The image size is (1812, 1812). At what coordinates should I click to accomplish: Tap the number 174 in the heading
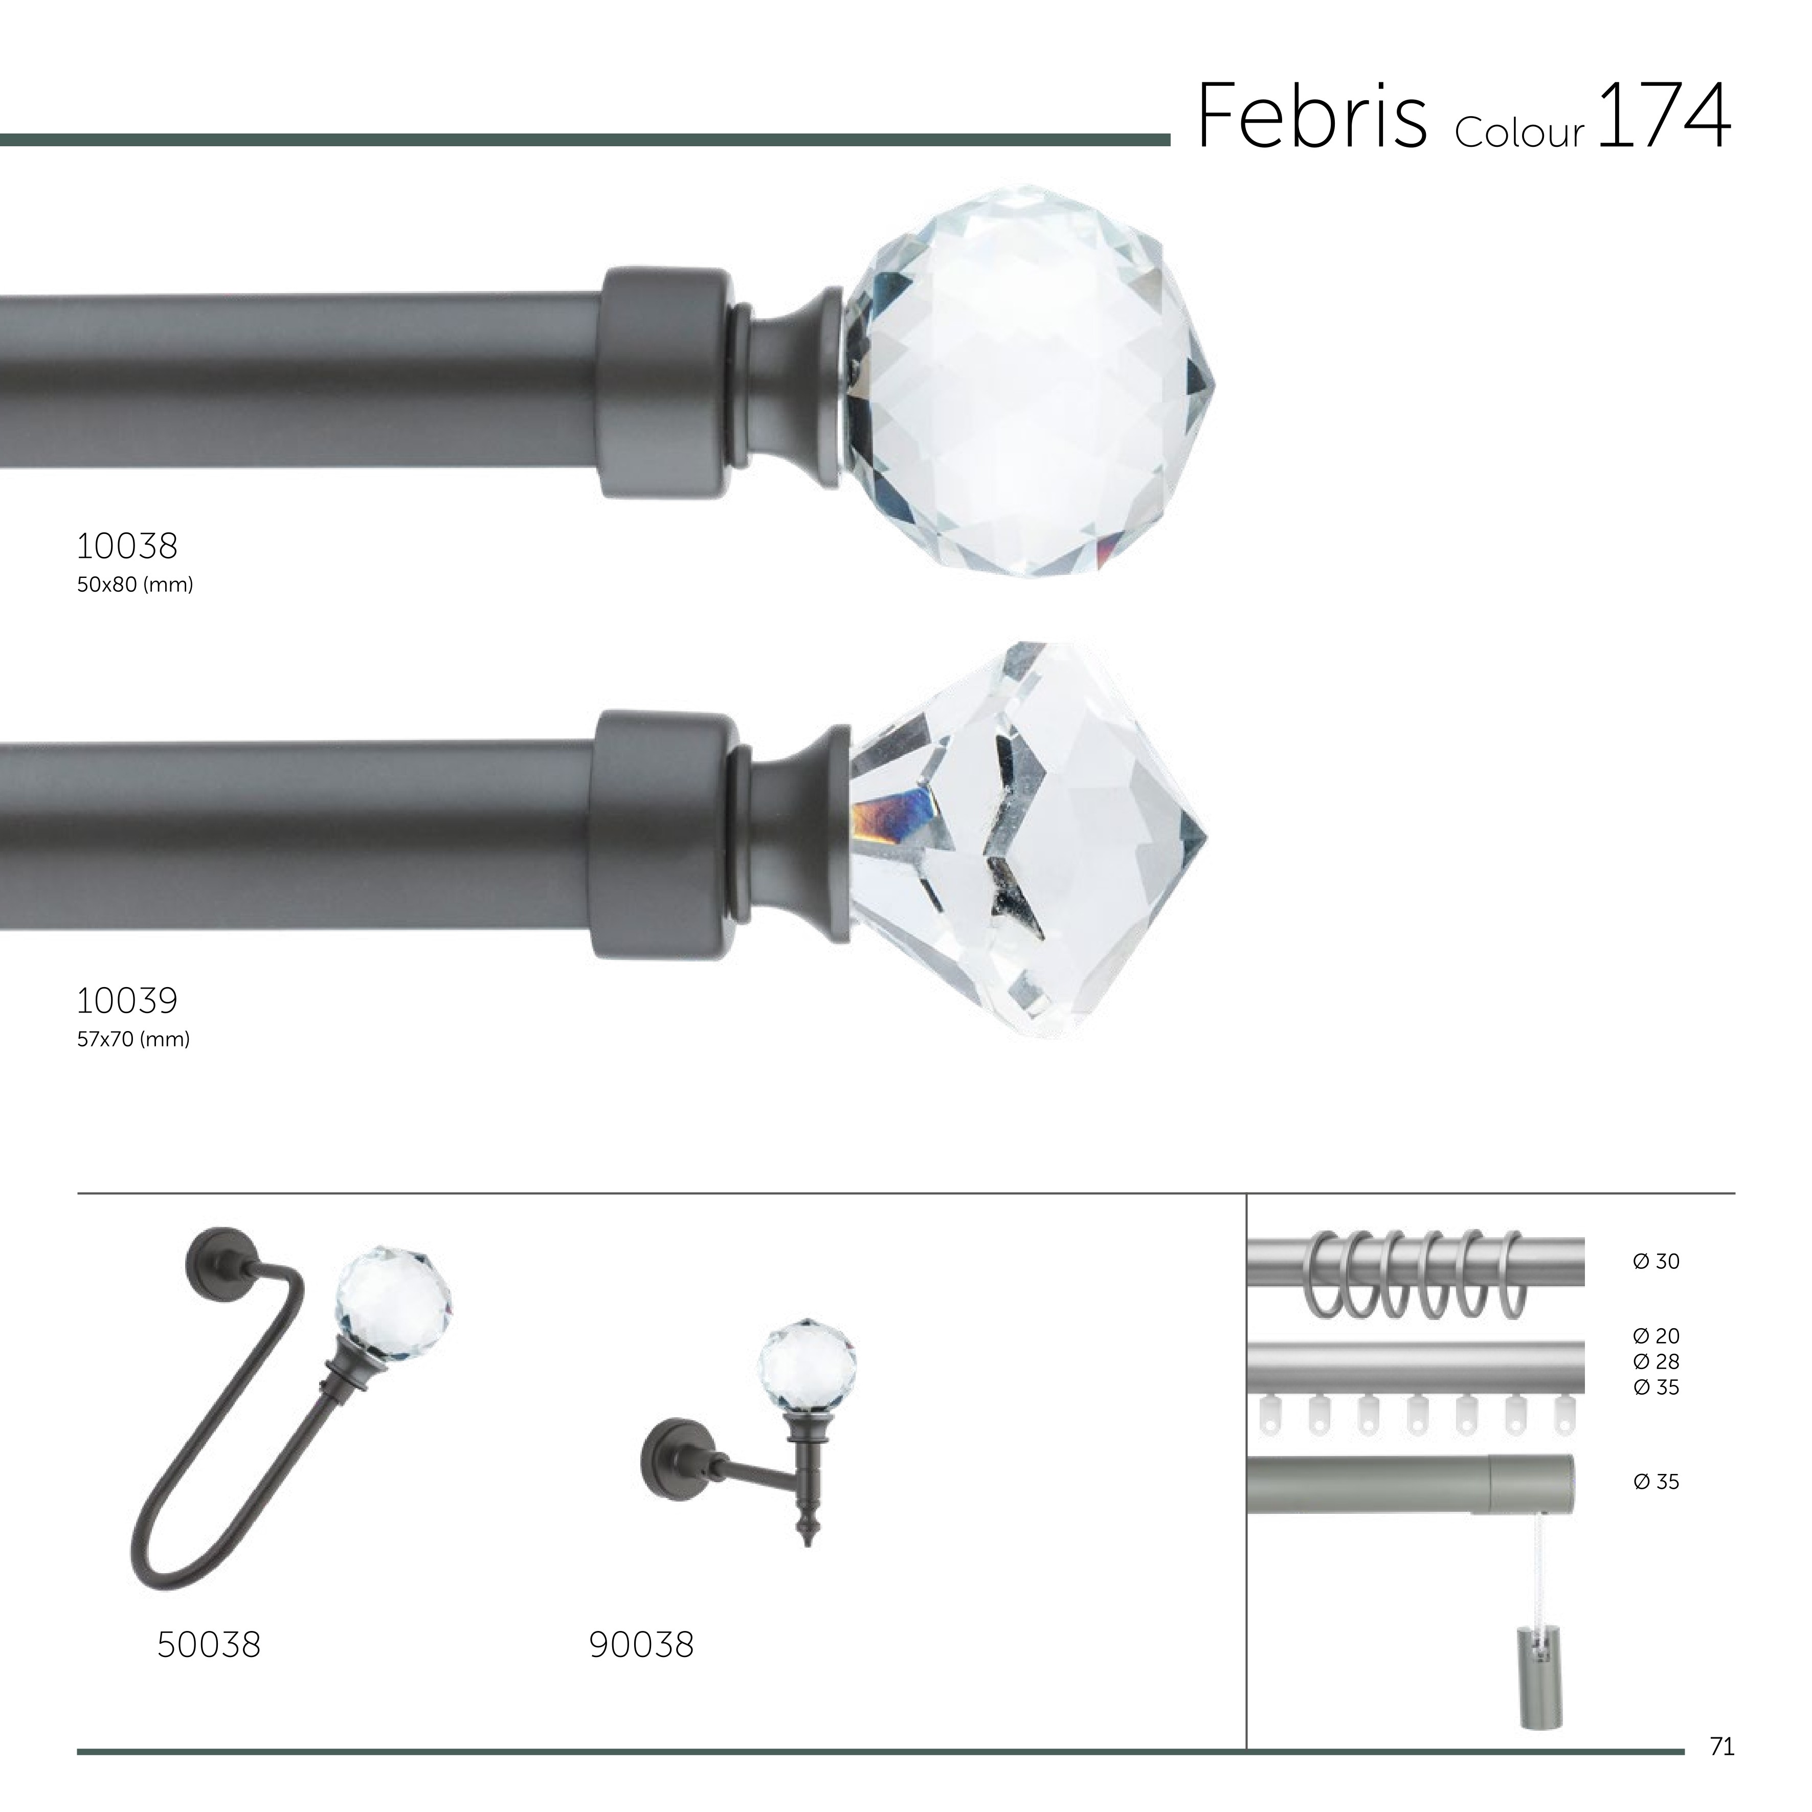click(x=1662, y=116)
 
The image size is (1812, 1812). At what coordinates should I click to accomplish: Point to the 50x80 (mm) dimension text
click(x=135, y=585)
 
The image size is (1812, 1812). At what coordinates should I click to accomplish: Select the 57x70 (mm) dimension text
click(x=133, y=1039)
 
